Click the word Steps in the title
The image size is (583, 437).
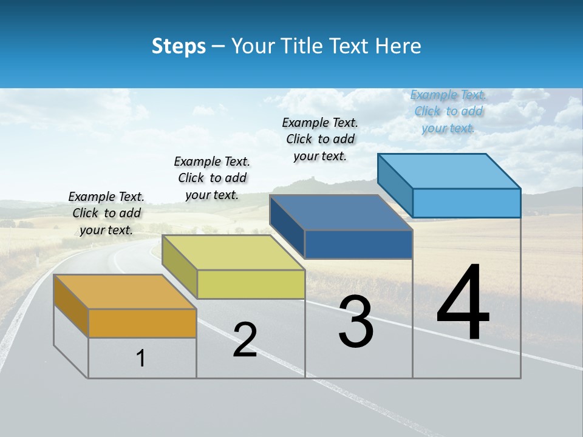point(178,46)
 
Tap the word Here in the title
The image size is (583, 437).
point(397,46)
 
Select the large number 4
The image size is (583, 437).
point(463,303)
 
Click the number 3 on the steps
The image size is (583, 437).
point(356,322)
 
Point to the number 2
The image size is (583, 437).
point(245,340)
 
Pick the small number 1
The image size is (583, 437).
point(140,358)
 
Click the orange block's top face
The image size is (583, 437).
point(124,292)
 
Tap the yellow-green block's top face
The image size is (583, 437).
point(233,252)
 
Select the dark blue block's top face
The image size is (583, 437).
point(341,212)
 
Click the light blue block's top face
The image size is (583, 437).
point(449,171)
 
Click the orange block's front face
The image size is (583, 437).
point(142,324)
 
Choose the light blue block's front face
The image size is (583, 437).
point(466,203)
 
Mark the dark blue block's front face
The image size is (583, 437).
point(358,245)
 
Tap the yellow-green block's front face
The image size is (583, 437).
point(251,284)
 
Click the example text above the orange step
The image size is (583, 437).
point(106,213)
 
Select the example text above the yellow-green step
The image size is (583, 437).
point(212,178)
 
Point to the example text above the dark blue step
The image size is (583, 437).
point(320,139)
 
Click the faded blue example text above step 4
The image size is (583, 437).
point(448,111)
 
